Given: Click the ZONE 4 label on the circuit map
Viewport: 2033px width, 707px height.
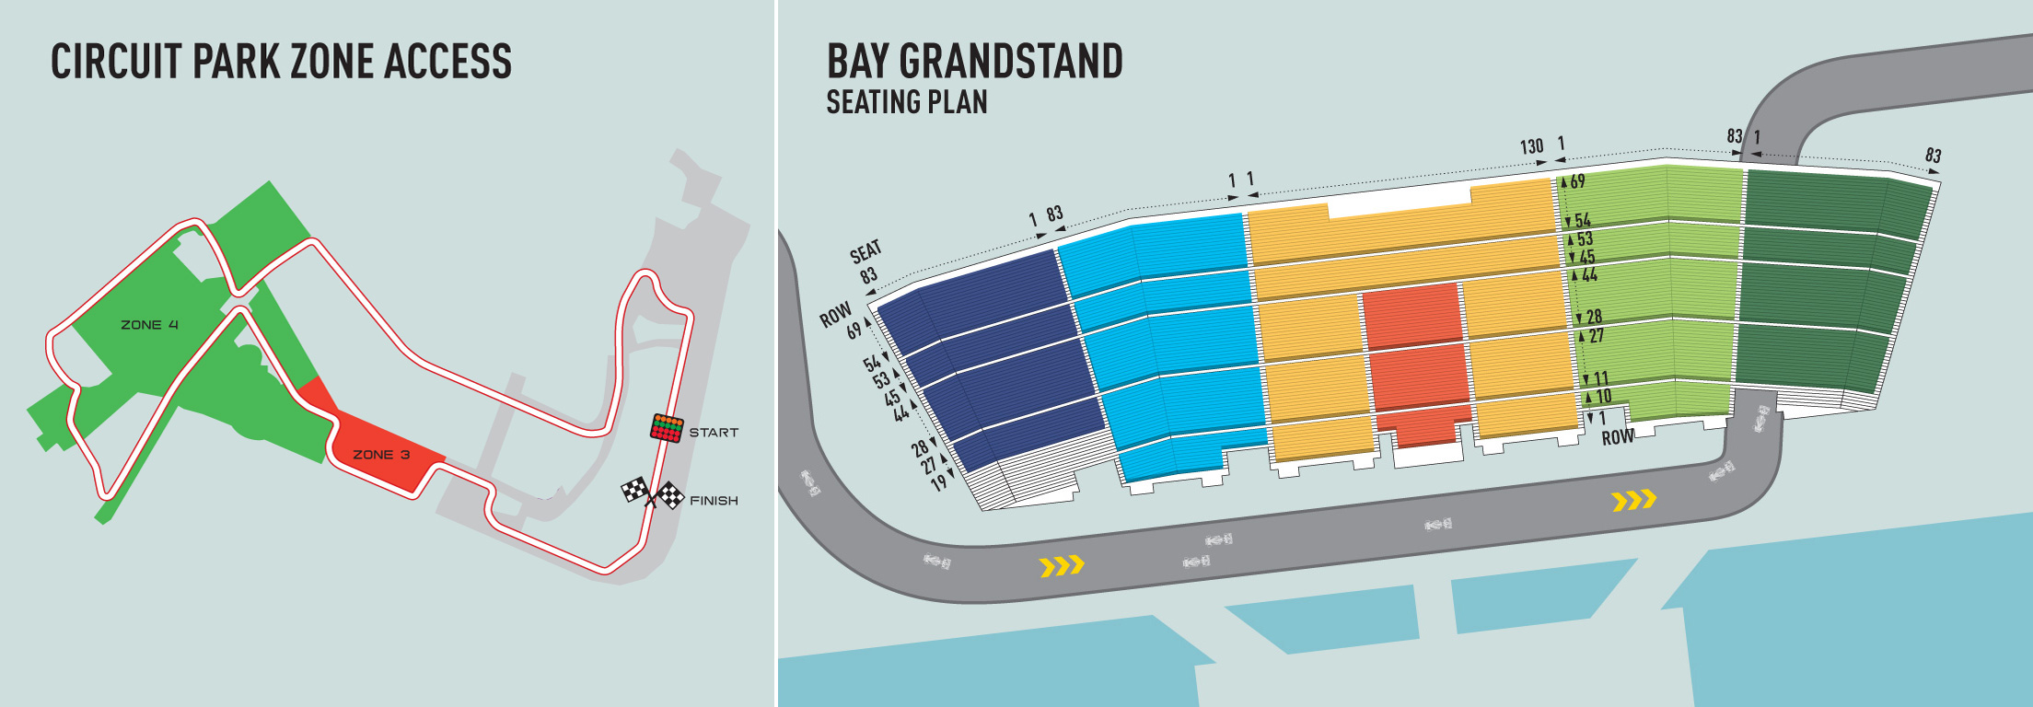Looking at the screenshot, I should click(149, 325).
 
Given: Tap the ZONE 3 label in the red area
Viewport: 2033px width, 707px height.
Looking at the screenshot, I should click(381, 455).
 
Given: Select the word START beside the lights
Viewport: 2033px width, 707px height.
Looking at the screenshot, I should click(714, 433).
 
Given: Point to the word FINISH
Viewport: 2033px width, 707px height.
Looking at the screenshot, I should click(714, 501).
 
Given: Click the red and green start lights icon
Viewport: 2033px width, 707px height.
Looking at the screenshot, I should click(667, 428).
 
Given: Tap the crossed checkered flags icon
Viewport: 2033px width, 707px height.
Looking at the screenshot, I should click(652, 493).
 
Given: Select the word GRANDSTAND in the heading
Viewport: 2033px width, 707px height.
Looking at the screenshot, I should click(1010, 63).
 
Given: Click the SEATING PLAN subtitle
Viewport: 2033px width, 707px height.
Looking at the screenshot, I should click(906, 102).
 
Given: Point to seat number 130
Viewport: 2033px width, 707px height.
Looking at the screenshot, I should click(1531, 147).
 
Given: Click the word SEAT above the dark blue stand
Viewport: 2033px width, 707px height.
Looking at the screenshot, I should click(865, 251).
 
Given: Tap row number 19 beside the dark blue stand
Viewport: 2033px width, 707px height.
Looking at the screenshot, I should click(938, 482).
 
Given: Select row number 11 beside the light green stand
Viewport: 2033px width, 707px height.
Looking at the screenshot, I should click(1601, 378).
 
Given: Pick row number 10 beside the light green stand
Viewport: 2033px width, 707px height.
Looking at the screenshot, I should click(1603, 397).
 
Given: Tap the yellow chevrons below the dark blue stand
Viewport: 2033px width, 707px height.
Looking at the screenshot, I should click(1062, 565).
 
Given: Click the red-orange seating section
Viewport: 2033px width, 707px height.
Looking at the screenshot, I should click(1415, 359).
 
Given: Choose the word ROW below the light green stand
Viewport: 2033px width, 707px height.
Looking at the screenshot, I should click(1618, 438).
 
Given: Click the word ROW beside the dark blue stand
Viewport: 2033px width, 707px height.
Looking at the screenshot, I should click(835, 316).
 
